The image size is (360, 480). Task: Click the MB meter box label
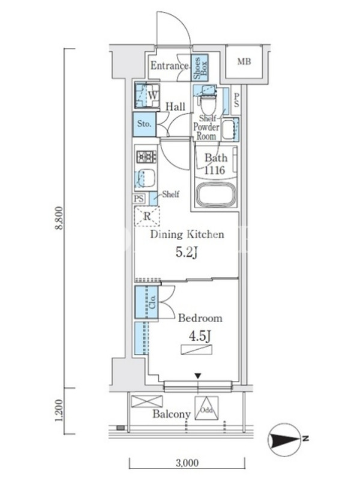pos(244,62)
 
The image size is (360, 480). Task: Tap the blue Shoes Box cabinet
pos(200,68)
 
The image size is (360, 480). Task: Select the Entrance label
pos(170,65)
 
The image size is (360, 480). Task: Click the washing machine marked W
pos(147,95)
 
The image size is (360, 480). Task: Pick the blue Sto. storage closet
pos(145,124)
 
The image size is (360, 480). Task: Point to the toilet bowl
pos(208,103)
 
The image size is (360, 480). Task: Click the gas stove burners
pos(146,157)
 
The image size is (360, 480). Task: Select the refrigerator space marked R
pos(147,216)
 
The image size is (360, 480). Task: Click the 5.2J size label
pos(186,253)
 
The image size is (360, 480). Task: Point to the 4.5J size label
pos(200,336)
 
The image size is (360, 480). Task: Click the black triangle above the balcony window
pos(199,376)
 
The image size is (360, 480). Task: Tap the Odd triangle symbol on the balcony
pos(206,409)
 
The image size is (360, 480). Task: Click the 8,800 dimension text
pos(59,218)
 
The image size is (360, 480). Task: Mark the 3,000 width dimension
pos(187,463)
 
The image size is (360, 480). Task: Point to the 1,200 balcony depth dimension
pos(59,410)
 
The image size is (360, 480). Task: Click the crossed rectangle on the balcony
pos(146,401)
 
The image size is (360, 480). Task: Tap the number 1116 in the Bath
pos(215,170)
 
